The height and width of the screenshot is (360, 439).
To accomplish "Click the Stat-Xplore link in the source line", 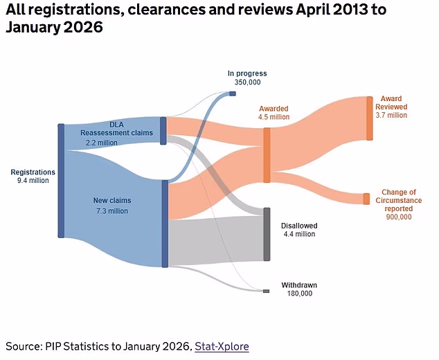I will click(222, 346).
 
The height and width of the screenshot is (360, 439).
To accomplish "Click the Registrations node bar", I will click(61, 181).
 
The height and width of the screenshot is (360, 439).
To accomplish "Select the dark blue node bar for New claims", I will click(165, 223).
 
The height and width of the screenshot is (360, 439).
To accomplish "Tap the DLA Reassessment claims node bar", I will click(163, 130).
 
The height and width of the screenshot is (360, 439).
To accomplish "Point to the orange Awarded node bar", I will click(267, 154).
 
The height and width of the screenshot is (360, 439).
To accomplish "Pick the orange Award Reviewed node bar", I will click(369, 118).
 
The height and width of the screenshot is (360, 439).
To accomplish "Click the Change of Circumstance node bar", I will click(366, 199).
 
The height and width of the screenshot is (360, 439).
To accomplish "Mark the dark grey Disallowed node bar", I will click(267, 234).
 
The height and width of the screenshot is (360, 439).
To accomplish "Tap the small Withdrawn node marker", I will click(266, 291).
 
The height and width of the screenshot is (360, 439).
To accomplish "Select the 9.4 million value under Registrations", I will click(33, 181).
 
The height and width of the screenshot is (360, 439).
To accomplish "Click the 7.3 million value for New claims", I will click(111, 211).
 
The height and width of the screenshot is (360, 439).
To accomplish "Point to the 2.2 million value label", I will click(101, 143).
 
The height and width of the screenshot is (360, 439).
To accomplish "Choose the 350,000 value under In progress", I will click(247, 82).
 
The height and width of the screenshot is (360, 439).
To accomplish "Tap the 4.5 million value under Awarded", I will click(274, 117).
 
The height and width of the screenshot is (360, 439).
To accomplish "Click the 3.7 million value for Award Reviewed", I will click(391, 116).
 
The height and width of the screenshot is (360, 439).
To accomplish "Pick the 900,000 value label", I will click(398, 217).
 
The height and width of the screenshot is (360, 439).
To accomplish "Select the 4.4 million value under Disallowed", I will click(298, 234).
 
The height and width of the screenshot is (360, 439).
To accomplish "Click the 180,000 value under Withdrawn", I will click(300, 294).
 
